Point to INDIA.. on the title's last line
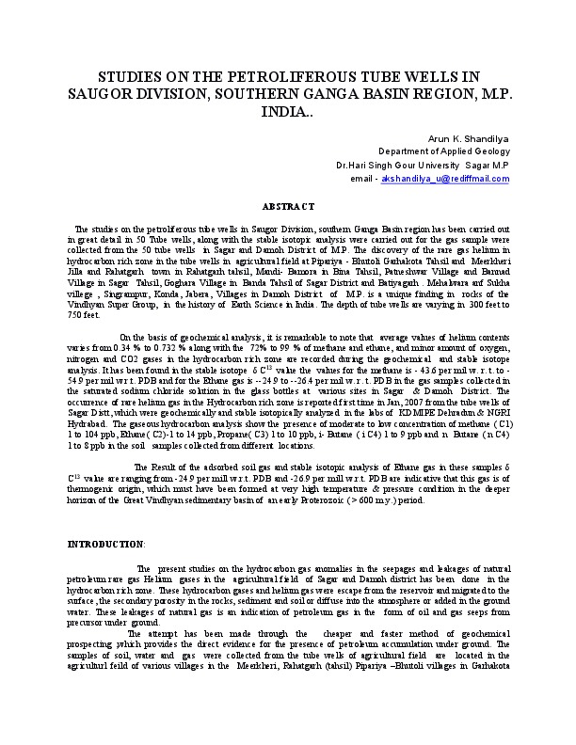click(287, 111)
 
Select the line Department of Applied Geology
click(443, 151)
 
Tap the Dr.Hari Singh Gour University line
click(423, 164)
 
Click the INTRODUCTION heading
click(105, 544)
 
